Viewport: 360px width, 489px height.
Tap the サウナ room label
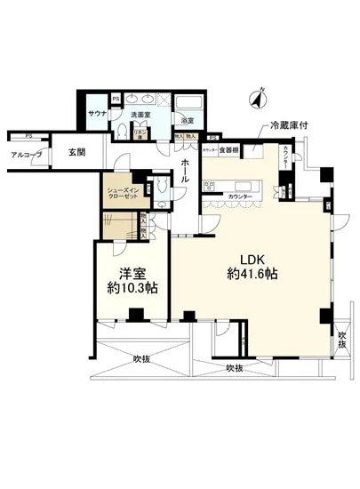[98, 114]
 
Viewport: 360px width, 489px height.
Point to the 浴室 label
[187, 120]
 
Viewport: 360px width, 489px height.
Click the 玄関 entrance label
[77, 153]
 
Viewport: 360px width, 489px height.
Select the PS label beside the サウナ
[116, 98]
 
